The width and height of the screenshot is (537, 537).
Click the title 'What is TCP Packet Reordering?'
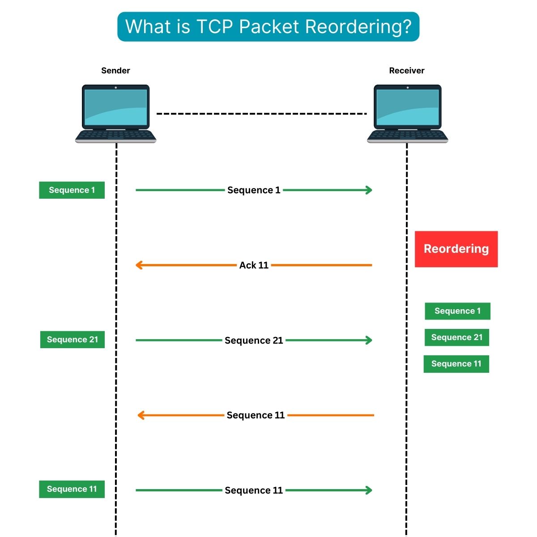pos(268,27)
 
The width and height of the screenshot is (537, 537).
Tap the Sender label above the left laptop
pos(115,70)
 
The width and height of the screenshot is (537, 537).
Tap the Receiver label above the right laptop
pos(406,70)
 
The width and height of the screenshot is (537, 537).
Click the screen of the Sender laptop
pos(115,107)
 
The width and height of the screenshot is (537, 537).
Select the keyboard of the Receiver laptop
pos(407,135)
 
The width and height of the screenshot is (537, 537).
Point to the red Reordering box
pos(456,249)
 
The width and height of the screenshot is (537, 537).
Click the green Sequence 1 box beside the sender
pos(72,190)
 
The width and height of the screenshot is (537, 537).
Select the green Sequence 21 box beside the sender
pos(72,340)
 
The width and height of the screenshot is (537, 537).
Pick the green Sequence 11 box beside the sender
pos(72,489)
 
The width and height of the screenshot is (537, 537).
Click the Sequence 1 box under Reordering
pos(457,311)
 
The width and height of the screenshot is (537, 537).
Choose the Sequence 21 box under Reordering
pos(456,337)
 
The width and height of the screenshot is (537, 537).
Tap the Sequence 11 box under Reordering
pos(456,364)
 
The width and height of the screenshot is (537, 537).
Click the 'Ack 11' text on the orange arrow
pos(254,265)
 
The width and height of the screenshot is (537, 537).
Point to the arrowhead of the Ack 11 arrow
pos(139,265)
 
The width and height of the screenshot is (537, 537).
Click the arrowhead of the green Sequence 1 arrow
pos(369,190)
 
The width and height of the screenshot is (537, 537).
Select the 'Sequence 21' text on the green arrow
pos(254,341)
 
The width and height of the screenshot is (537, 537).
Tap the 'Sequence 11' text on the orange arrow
pos(256,415)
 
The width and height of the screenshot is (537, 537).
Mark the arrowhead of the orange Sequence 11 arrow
pos(141,415)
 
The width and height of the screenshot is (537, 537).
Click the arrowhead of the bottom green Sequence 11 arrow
pos(369,490)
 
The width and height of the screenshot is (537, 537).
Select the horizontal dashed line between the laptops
pos(261,114)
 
